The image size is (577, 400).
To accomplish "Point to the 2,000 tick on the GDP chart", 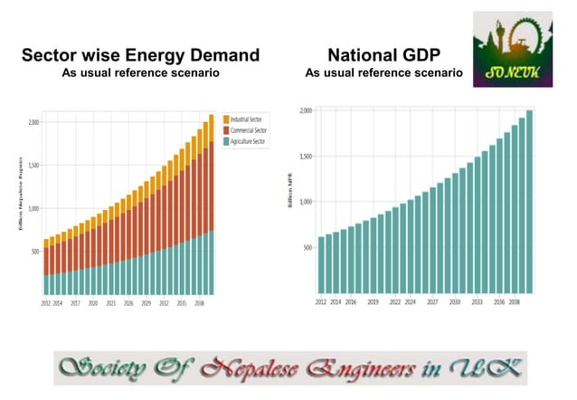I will click(305, 110).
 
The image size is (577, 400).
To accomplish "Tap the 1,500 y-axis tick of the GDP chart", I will click(305, 157).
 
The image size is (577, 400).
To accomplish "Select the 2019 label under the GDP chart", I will click(373, 301).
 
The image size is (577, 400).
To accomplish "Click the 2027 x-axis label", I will click(432, 301).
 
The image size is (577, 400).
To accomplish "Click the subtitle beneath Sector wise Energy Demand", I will click(140, 72).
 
